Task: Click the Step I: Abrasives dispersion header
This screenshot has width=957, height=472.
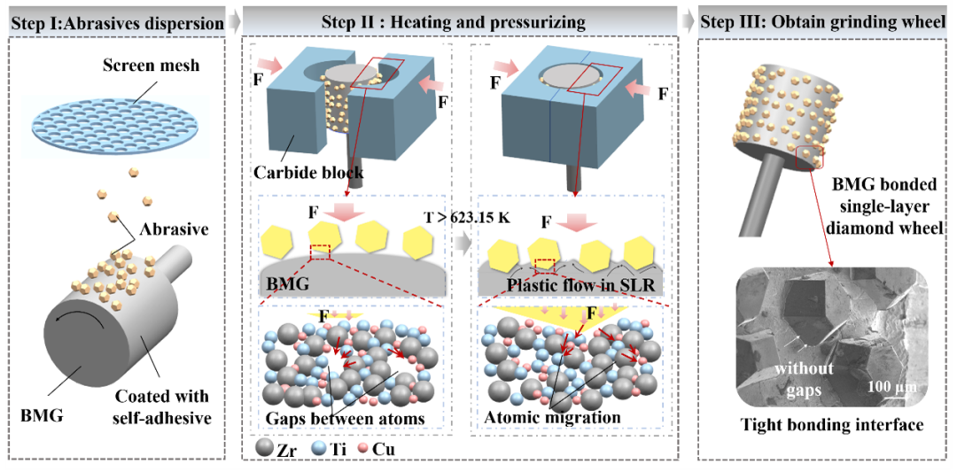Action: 114,24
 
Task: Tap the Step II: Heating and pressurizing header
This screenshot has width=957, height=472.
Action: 454,24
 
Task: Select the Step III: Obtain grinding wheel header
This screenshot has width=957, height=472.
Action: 823,24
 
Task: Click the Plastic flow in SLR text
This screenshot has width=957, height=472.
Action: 572,285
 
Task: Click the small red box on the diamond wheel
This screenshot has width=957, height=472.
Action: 810,157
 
